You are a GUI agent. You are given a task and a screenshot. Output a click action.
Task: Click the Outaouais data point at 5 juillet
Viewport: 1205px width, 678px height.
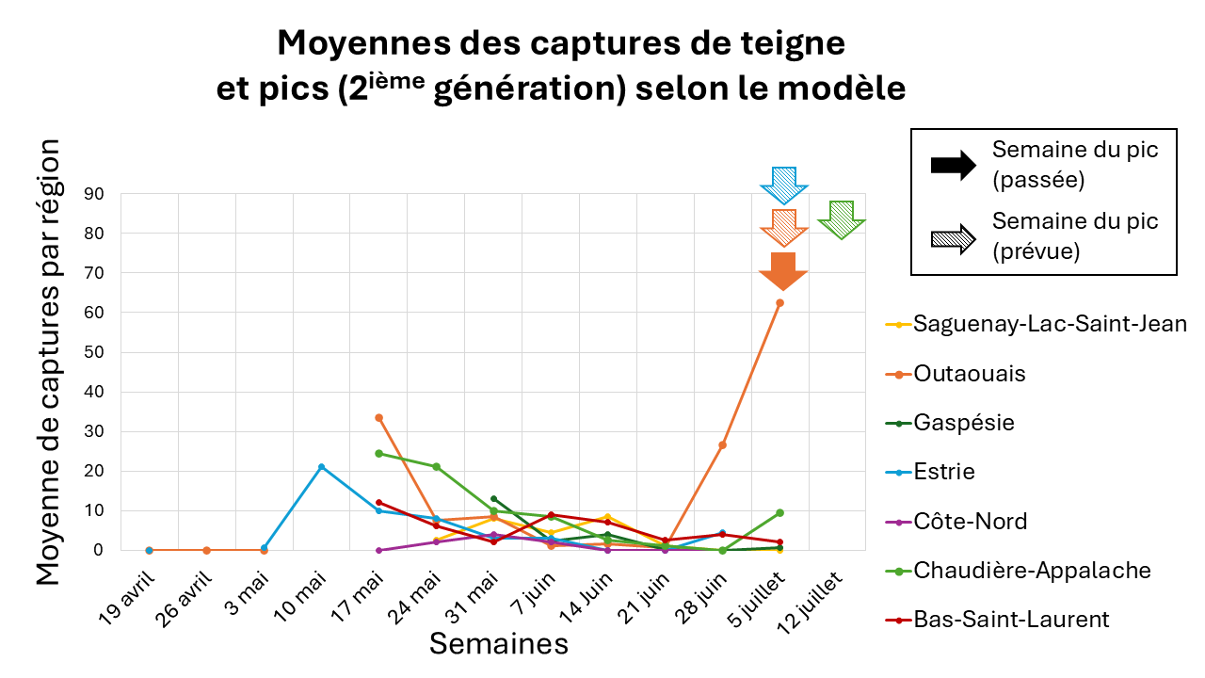779,302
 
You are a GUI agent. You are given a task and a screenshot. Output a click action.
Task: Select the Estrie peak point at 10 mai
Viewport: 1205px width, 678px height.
321,467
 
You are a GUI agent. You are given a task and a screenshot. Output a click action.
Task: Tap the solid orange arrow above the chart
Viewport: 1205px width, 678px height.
783,270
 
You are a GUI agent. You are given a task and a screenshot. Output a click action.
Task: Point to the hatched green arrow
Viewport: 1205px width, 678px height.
841,219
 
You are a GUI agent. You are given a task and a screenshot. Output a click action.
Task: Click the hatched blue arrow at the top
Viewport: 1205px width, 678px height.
783,185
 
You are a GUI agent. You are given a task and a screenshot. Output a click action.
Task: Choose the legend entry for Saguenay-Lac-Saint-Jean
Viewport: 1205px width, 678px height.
1050,324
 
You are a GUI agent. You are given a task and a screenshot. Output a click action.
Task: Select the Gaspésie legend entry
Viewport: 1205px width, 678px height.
964,423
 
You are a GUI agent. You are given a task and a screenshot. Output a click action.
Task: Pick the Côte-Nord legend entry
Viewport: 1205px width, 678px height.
971,521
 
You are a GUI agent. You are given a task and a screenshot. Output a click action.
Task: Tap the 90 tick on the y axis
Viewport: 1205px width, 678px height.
94,194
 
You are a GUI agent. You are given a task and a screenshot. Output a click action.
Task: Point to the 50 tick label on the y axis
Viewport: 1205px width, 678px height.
94,352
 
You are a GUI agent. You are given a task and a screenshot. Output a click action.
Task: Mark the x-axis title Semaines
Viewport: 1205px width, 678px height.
499,644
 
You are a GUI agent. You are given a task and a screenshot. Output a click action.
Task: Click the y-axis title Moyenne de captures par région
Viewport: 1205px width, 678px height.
49,363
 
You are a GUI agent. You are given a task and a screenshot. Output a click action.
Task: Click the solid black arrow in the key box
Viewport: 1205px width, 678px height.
953,166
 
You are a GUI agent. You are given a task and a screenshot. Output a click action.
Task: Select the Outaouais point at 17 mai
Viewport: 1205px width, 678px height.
378,417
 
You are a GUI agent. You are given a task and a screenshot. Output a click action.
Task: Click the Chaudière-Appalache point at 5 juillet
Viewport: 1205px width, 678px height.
779,512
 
